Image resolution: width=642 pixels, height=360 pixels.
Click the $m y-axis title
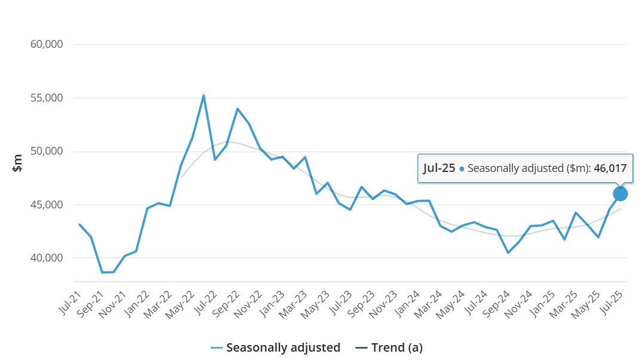pos(18,162)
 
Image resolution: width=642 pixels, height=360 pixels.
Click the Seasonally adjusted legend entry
pos(275,347)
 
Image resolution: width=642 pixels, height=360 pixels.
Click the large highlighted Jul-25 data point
pos(620,193)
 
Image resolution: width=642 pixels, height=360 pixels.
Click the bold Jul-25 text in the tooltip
pos(439,168)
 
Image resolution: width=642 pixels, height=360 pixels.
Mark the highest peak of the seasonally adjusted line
pos(204,96)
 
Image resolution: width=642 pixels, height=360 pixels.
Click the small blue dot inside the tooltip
pos(462,169)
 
